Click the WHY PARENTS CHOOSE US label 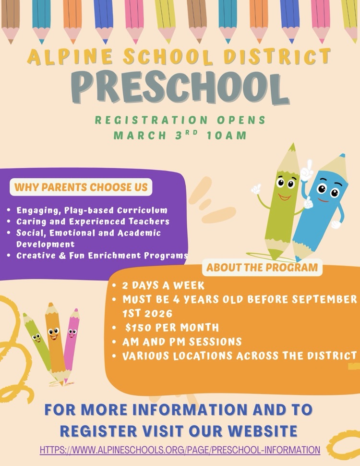81,187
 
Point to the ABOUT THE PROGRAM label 262,267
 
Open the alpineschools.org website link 180,450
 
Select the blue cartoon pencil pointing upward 322,207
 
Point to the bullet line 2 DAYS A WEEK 163,285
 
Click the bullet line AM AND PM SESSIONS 181,342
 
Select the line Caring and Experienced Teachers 93,221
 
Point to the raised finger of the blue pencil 309,165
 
